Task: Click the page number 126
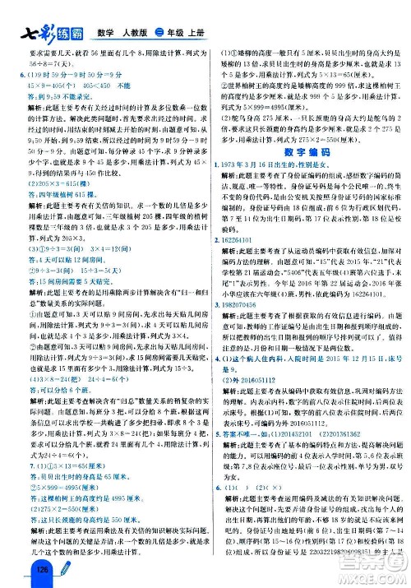[x=16, y=573]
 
